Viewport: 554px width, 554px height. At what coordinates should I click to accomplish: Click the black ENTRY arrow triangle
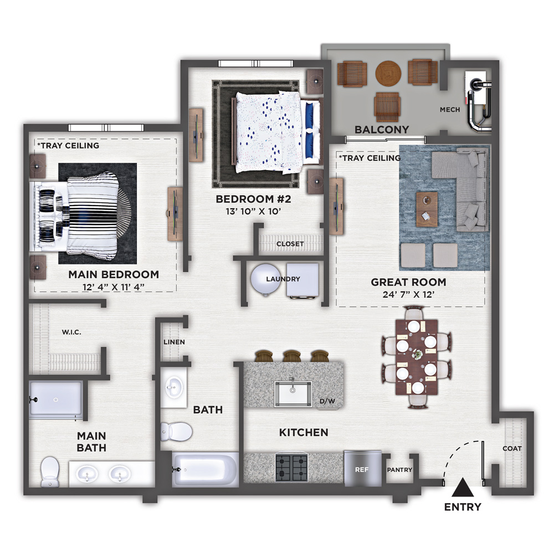tap(463, 488)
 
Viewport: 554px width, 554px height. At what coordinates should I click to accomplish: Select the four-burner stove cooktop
tap(291, 468)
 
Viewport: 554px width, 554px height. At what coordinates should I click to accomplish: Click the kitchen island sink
tap(293, 393)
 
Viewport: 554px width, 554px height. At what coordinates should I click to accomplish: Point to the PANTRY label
tap(399, 470)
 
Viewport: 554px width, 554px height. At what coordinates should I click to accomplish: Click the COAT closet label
tap(512, 448)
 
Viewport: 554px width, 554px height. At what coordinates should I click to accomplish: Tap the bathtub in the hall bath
tap(206, 469)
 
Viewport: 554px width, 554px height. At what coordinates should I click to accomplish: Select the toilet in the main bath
tap(49, 471)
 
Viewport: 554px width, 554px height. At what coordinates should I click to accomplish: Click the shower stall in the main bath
tap(56, 400)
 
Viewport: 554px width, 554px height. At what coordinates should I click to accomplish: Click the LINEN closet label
tap(174, 342)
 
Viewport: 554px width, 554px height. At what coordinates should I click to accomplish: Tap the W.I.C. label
tap(71, 332)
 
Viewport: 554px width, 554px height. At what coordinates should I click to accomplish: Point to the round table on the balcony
tap(388, 74)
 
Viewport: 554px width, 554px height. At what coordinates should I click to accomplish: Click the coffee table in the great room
tap(427, 209)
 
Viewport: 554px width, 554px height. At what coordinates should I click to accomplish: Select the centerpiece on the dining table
tap(418, 354)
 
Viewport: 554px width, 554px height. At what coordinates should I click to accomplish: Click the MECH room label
tap(450, 110)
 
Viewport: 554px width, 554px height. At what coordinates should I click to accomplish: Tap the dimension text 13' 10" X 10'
tap(253, 211)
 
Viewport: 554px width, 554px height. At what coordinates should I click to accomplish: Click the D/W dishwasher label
tap(327, 401)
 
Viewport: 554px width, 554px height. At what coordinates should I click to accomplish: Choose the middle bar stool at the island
tap(292, 356)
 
